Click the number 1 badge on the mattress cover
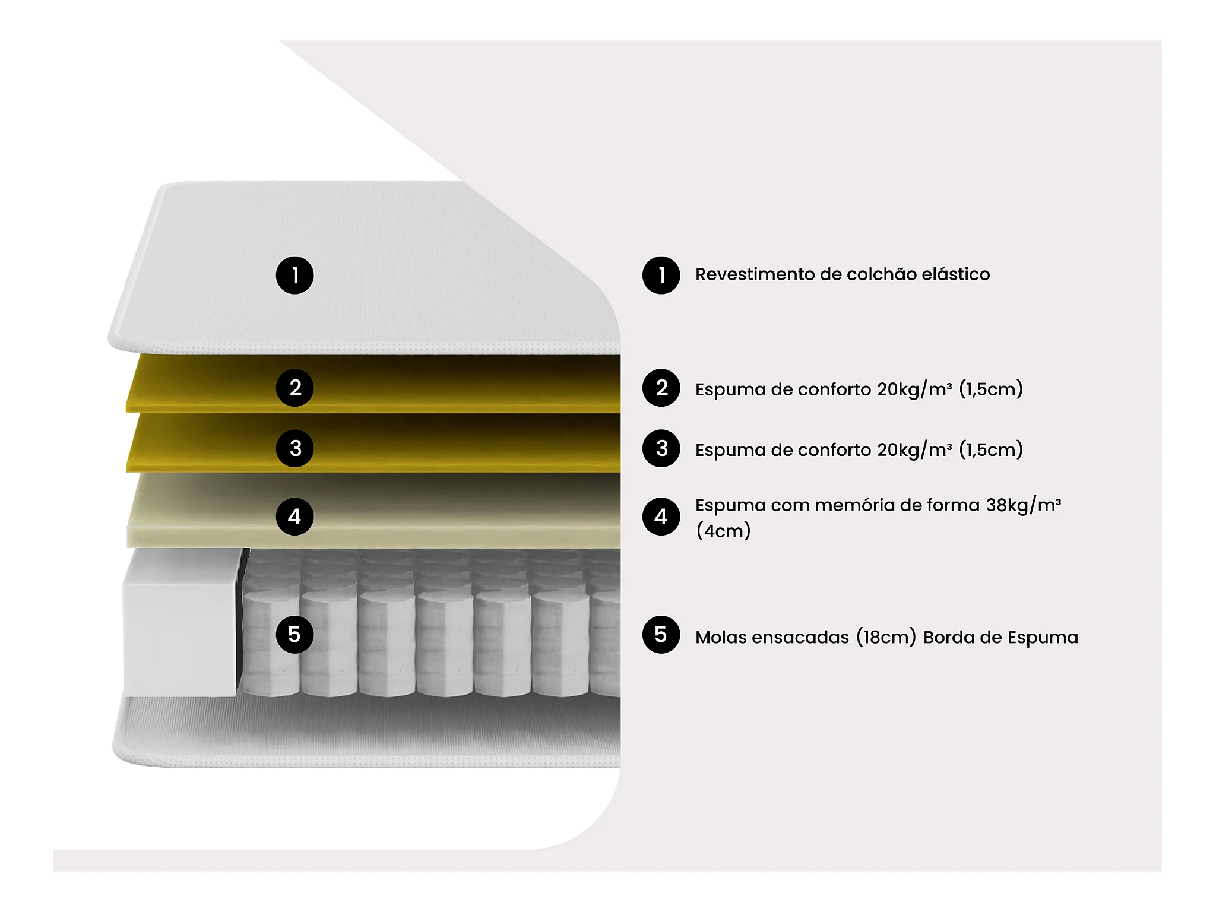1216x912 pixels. [294, 275]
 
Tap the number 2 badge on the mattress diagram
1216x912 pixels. [294, 388]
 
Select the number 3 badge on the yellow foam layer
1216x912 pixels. [294, 448]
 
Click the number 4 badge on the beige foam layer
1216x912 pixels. [294, 517]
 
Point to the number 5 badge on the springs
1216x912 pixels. [294, 634]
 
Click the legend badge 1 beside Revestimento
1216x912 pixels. [661, 275]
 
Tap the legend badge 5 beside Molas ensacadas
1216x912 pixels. [661, 634]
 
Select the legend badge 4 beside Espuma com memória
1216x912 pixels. [661, 517]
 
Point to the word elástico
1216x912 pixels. [955, 274]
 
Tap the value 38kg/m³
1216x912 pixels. [1023, 505]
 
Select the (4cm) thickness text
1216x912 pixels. [723, 530]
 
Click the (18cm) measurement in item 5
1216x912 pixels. [886, 637]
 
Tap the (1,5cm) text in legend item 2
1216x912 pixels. [990, 389]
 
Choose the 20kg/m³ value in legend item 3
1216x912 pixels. [914, 449]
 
